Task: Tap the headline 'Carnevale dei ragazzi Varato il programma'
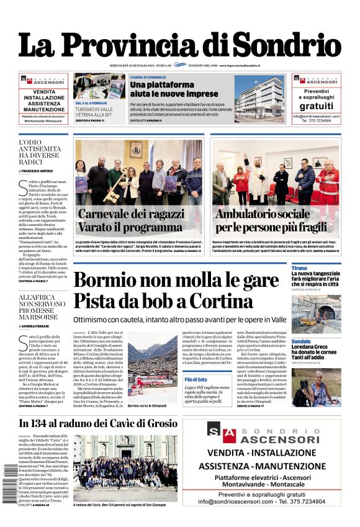point(130,220)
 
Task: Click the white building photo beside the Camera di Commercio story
point(259,96)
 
